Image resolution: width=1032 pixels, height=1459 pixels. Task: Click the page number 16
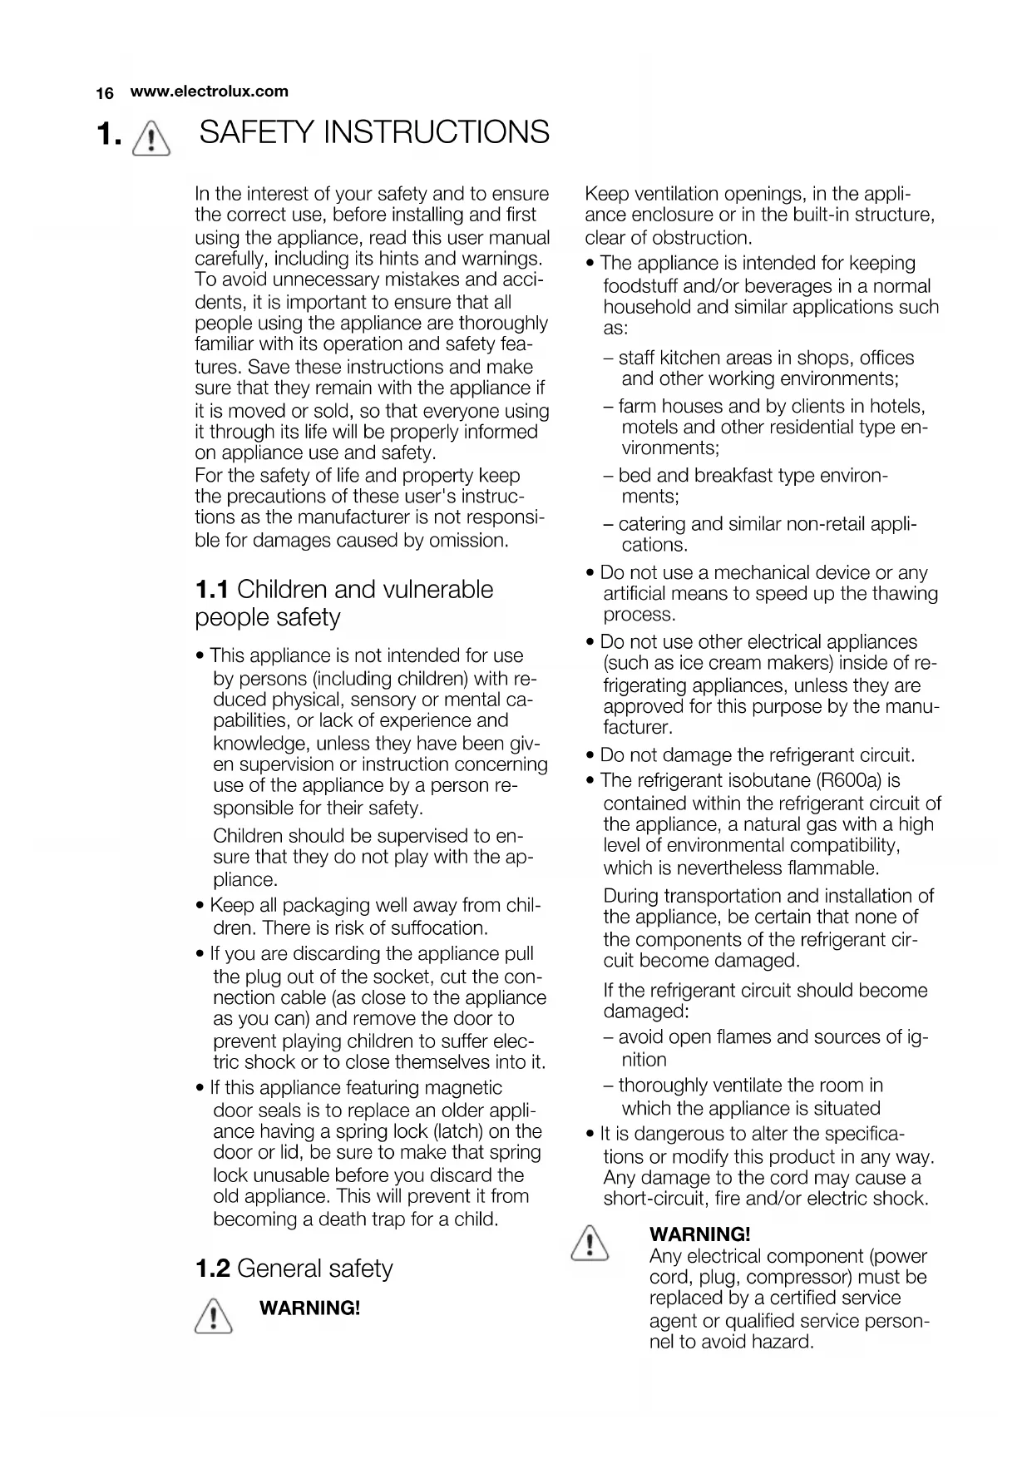coord(105,93)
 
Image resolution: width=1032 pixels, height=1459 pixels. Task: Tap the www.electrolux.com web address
coord(209,91)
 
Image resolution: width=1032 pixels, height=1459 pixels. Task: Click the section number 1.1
coord(212,590)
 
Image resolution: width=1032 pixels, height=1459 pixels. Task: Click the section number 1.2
coord(212,1269)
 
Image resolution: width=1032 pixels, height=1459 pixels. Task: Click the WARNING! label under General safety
coord(310,1308)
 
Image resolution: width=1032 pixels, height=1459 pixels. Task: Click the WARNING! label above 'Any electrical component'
coord(699,1234)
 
